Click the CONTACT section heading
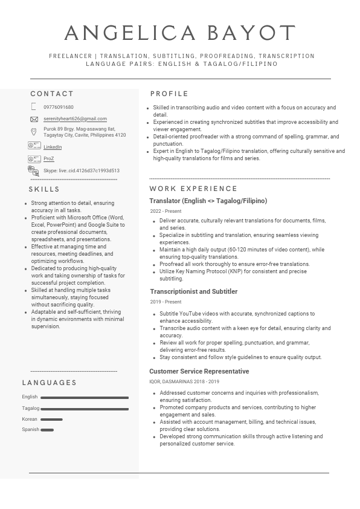pos(52,94)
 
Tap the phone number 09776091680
pos(59,107)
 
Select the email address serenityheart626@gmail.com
pos(75,119)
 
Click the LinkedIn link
pos(53,147)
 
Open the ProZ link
pos(48,159)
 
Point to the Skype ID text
pos(82,171)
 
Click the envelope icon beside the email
pos(34,119)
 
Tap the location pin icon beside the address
pos(34,131)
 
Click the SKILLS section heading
pos(45,189)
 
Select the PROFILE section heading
pos(169,94)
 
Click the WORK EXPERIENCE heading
pos(193,189)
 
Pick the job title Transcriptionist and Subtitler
pos(193,291)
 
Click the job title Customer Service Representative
pos(199,371)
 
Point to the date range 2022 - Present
pos(166,211)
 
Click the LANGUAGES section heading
pos(50,383)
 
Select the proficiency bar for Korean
pos(51,420)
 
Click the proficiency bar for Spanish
pos(47,430)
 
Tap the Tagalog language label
pos(30,408)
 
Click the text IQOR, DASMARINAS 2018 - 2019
pos(184,381)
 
